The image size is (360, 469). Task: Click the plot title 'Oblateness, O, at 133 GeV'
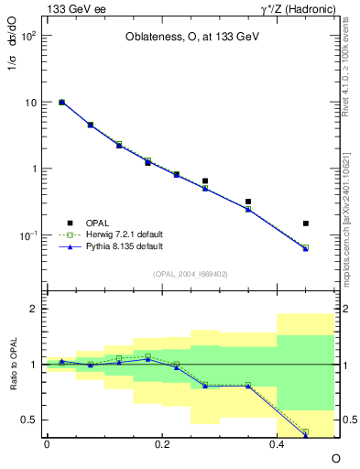pos(191,38)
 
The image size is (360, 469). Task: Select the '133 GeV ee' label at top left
pos(72,8)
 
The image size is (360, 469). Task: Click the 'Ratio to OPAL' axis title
pos(13,364)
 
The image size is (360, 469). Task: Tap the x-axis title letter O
pos(335,457)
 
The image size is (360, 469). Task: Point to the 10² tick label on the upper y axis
pos(29,36)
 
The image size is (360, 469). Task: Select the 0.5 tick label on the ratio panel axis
pos(29,420)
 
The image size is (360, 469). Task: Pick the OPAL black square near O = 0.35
pos(248,202)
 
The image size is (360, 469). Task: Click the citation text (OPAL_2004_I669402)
pos(191,273)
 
